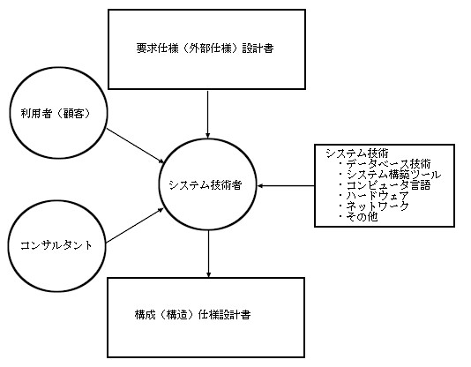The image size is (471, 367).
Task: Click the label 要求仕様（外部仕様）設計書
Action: click(206, 49)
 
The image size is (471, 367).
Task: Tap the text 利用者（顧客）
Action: click(56, 113)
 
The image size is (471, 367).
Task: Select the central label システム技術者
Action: click(206, 184)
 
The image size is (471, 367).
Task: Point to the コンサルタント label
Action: click(56, 245)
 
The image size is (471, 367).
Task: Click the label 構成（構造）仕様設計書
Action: click(193, 315)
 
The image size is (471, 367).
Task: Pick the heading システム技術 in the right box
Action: click(357, 154)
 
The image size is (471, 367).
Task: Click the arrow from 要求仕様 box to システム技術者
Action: click(207, 114)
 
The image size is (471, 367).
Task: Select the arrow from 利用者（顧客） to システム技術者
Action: click(136, 146)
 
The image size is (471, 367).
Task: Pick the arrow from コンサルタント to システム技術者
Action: click(135, 226)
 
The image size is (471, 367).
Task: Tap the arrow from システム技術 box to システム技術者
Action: click(286, 186)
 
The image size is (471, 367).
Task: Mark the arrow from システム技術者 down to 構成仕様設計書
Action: click(208, 254)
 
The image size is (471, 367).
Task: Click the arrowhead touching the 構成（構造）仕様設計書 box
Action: click(208, 274)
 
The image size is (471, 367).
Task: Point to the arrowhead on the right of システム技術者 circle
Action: click(260, 186)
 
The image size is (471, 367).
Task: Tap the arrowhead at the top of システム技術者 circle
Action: click(207, 136)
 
